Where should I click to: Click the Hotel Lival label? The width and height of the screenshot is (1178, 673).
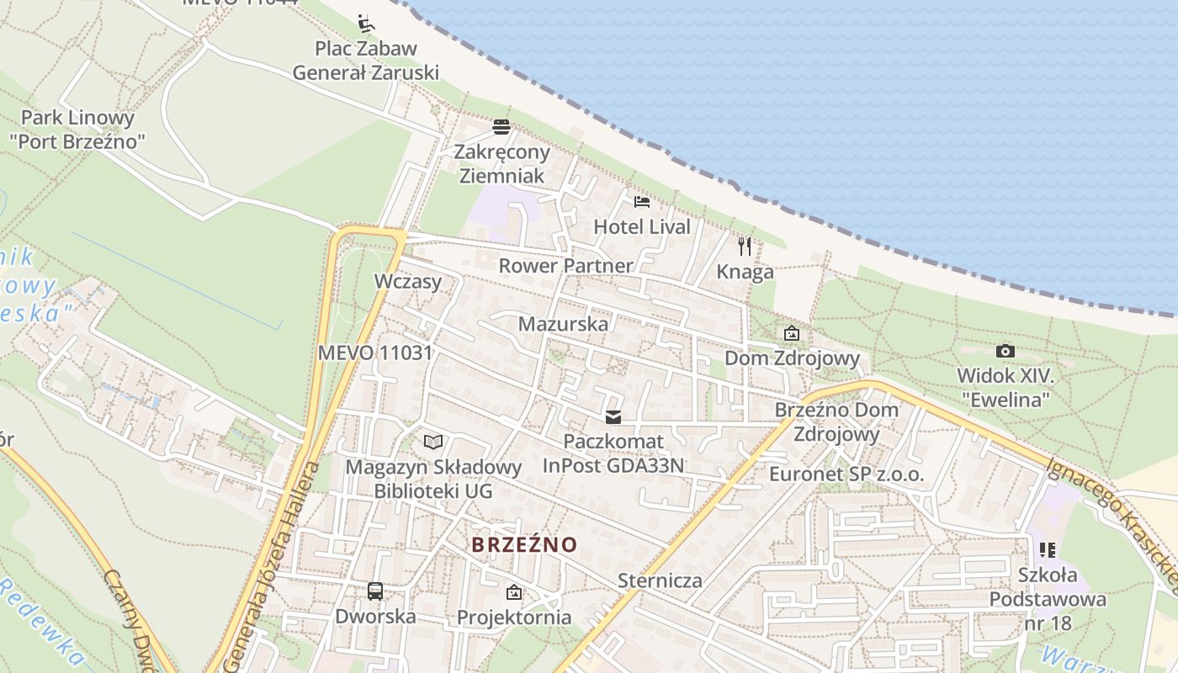click(x=641, y=226)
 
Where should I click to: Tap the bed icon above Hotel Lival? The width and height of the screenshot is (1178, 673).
click(x=642, y=202)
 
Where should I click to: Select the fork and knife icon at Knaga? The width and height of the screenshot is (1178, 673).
click(x=745, y=246)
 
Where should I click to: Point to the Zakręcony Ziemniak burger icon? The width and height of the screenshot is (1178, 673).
click(x=501, y=127)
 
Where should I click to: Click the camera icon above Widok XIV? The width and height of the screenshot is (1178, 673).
click(x=1005, y=351)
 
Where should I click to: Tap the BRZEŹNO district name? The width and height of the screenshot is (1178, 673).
click(x=524, y=544)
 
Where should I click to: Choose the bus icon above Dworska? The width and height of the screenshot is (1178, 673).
click(x=375, y=591)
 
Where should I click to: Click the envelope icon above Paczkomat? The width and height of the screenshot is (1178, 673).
click(x=613, y=416)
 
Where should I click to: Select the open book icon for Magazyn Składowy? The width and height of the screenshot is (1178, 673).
click(x=433, y=442)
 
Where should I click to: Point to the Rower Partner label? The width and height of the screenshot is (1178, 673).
click(x=565, y=266)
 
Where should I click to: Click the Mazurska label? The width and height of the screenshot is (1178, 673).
click(x=563, y=324)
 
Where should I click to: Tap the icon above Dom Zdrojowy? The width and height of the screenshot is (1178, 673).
click(x=791, y=334)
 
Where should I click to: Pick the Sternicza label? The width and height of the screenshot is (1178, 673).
click(x=660, y=580)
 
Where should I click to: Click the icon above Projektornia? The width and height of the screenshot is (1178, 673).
click(x=513, y=593)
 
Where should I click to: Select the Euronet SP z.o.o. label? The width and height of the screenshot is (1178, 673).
click(x=846, y=474)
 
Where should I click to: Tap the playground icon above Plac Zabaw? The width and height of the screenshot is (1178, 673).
click(x=365, y=23)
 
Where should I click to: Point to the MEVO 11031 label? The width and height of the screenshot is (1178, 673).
click(x=374, y=352)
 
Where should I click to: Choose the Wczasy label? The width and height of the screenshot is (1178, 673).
click(x=408, y=281)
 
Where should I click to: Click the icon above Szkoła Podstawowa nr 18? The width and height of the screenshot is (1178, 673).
click(x=1048, y=550)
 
